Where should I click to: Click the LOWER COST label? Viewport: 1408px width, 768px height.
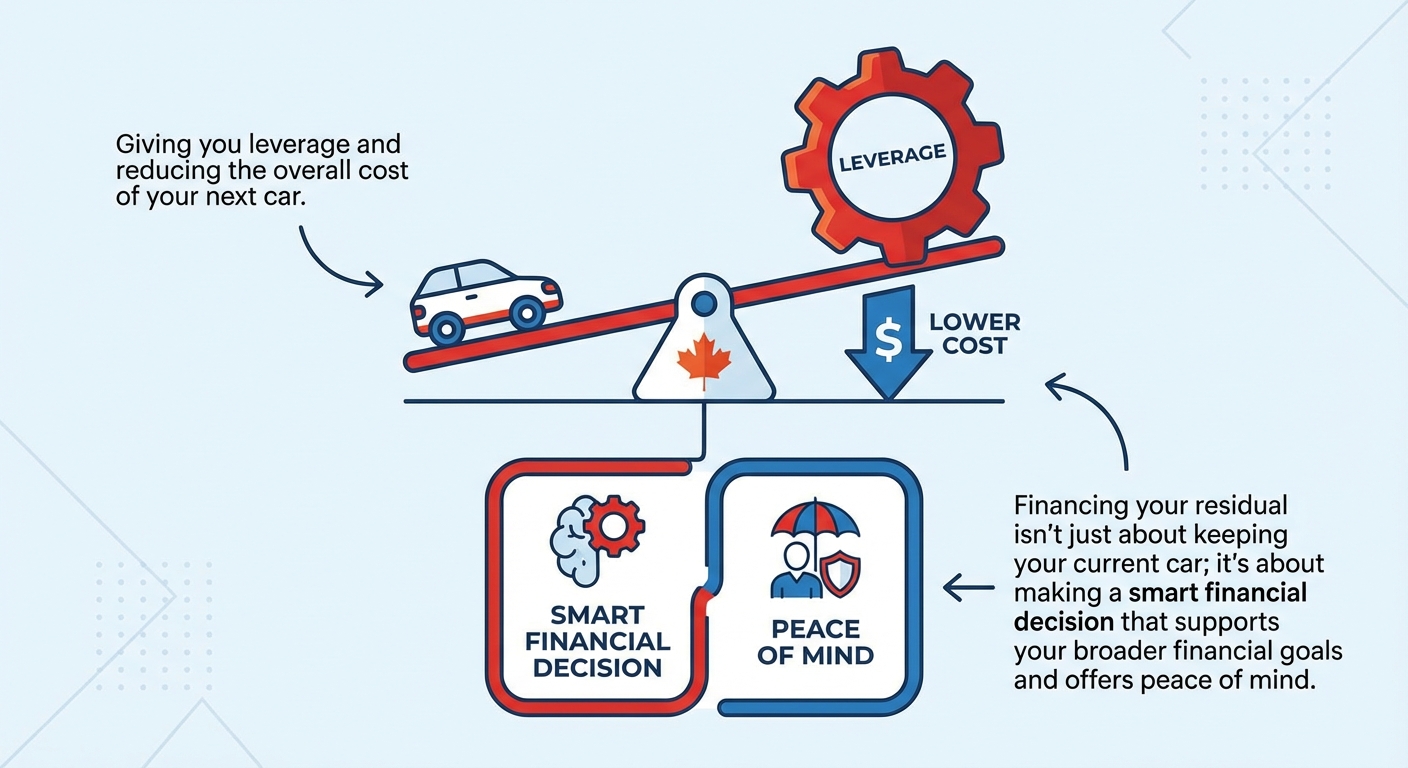tap(974, 335)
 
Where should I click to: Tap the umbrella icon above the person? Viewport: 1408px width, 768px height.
tap(815, 524)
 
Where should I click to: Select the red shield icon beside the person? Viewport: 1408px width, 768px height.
tap(838, 577)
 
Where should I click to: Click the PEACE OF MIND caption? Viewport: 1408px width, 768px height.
tap(815, 643)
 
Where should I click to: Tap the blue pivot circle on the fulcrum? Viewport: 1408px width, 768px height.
tap(704, 302)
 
